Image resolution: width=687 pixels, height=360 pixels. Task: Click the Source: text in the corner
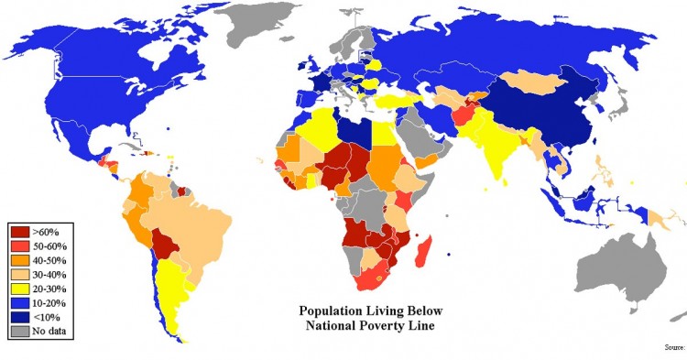pyautogui.click(x=672, y=348)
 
